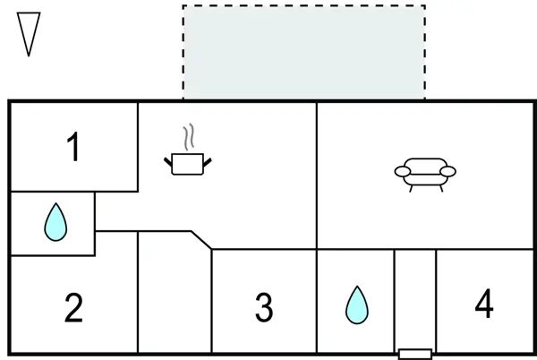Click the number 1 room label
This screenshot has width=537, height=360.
click(x=73, y=148)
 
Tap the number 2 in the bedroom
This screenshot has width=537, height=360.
click(x=73, y=308)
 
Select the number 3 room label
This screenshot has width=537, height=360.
click(x=263, y=308)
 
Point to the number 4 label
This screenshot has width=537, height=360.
click(x=483, y=304)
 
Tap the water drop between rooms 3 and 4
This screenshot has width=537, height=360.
click(x=356, y=305)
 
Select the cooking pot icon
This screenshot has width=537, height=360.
click(x=188, y=163)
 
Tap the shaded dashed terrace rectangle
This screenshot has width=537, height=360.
click(x=303, y=52)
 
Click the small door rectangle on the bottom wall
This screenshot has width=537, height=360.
click(x=414, y=353)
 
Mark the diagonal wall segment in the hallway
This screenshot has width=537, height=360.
click(x=201, y=240)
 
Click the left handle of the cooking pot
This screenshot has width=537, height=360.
click(x=168, y=160)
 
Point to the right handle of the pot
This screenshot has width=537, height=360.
click(x=208, y=160)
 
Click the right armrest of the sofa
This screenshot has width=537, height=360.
click(x=448, y=171)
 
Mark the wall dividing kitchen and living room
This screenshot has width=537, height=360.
click(x=317, y=175)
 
